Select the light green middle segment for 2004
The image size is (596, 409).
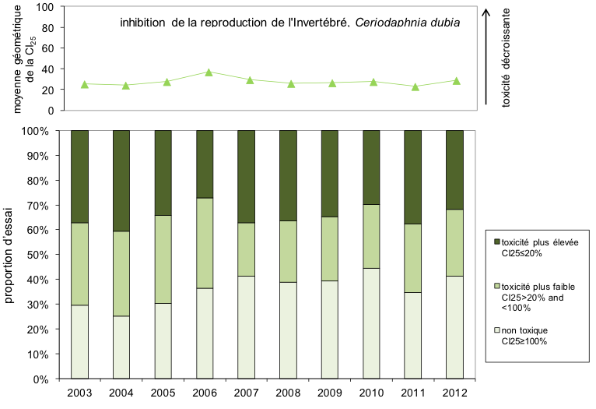[x=121, y=273]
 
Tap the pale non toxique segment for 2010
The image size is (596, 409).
[x=371, y=323]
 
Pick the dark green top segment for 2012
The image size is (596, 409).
[x=454, y=169]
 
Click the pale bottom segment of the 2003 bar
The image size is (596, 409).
[x=79, y=341]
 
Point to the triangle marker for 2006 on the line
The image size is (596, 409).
[x=209, y=72]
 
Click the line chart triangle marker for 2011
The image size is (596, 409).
[x=415, y=86]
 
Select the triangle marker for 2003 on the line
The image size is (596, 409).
[x=84, y=84]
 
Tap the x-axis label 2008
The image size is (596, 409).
[x=288, y=392]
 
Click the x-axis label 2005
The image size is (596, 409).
[x=163, y=392]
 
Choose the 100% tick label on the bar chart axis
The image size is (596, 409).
[x=36, y=131]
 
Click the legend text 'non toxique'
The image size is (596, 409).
[x=522, y=330]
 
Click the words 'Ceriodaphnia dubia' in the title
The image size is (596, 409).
[x=407, y=22]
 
